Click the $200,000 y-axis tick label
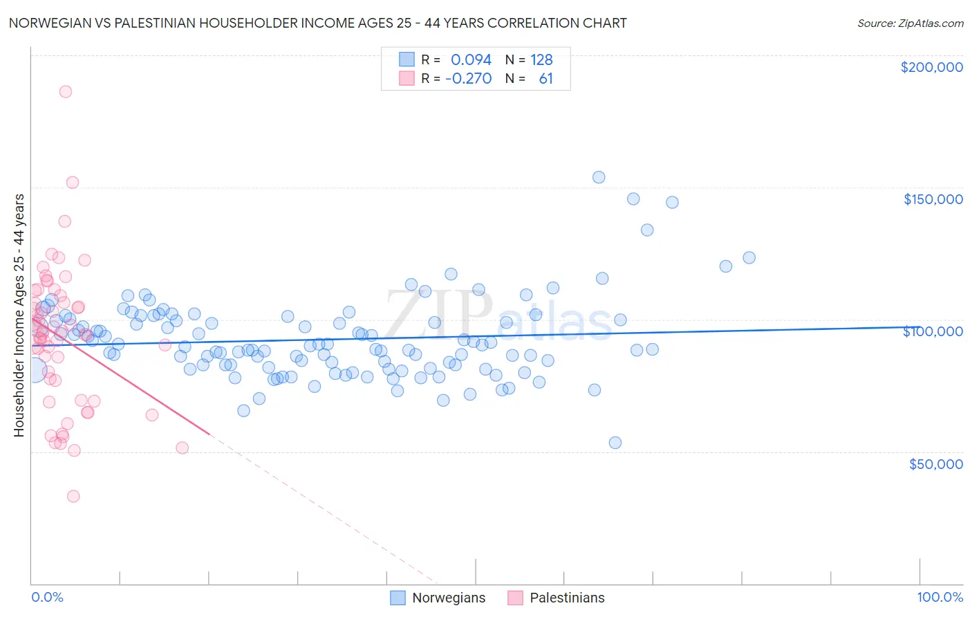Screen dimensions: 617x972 pos(931,67)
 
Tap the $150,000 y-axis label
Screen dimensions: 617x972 pos(933,199)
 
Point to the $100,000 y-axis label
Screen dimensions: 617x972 pos(933,331)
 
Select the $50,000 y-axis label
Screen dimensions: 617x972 pos(935,464)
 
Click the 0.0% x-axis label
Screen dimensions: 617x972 pos(47,598)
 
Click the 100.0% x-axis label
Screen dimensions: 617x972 pos(940,598)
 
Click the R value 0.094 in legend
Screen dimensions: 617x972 pos(471,59)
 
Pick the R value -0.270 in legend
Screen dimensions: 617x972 pos(468,78)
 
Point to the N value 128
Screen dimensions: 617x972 pos(541,59)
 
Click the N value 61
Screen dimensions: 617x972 pos(545,78)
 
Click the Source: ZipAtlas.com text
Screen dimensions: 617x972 pos(910,23)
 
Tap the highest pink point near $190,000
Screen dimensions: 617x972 pos(66,91)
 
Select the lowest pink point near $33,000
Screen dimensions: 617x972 pos(73,496)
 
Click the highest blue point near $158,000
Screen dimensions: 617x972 pos(599,177)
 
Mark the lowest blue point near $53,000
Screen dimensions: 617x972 pos(615,443)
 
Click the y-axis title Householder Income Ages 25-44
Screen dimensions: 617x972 pos(19,315)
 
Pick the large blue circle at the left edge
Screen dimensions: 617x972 pos(34,371)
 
